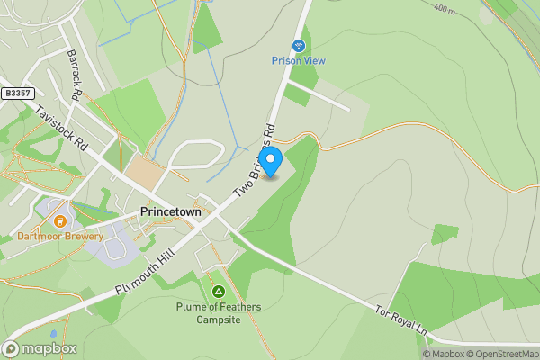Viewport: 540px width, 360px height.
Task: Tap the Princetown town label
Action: tap(171, 212)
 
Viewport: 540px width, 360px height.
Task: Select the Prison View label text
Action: tap(298, 61)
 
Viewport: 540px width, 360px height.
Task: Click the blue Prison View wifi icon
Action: tap(298, 45)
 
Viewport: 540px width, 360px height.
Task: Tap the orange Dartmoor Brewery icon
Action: tap(60, 220)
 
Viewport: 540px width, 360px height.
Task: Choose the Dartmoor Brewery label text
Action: tap(60, 237)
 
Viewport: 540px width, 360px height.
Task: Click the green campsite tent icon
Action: tap(218, 292)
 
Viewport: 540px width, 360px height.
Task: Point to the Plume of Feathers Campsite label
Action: tap(219, 313)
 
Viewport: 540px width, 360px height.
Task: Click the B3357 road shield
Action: tap(16, 93)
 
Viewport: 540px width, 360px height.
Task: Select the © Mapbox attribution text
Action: tap(446, 354)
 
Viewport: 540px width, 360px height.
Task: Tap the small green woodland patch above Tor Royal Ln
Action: tap(445, 234)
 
